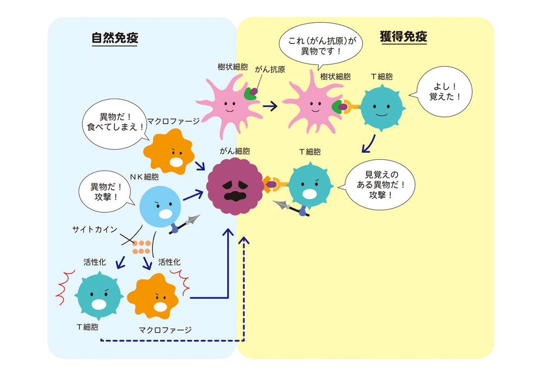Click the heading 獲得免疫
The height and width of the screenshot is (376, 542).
pyautogui.click(x=404, y=37)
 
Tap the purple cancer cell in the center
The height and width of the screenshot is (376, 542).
pyautogui.click(x=234, y=187)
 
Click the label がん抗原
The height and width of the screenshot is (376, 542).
pyautogui.click(x=270, y=70)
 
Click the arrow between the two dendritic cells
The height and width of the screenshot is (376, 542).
pyautogui.click(x=269, y=106)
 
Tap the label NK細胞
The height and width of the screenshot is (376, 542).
pyautogui.click(x=144, y=177)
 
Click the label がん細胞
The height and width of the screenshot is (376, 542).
pyautogui.click(x=235, y=151)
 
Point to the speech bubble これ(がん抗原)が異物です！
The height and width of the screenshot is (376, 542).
pyautogui.click(x=321, y=46)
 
